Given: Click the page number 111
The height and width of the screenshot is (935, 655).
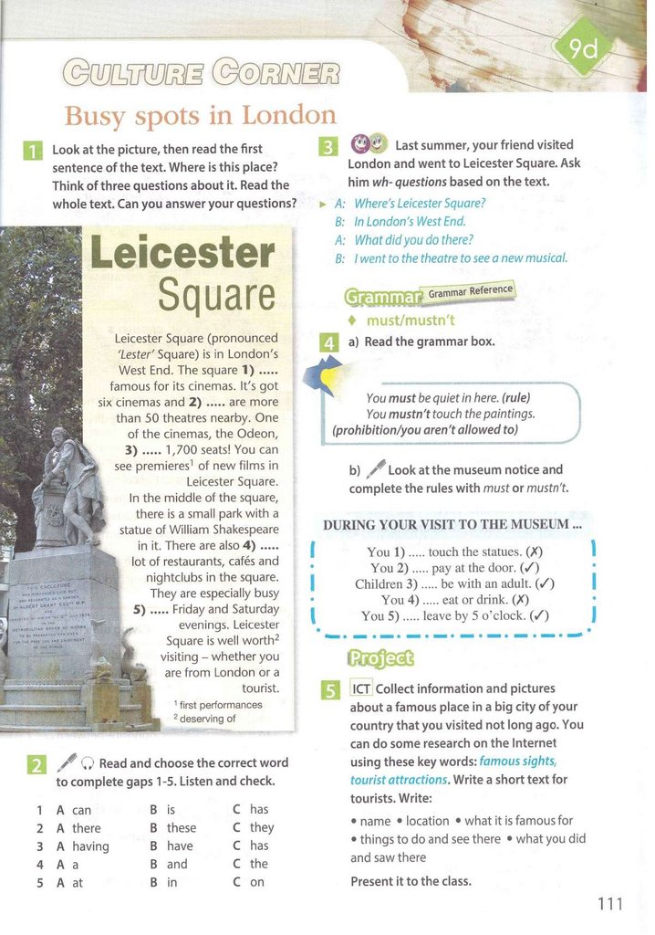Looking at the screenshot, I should click(x=610, y=904).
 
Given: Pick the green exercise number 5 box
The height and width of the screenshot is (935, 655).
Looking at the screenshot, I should click(x=331, y=689).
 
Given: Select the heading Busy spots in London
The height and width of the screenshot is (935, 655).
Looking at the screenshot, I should click(x=200, y=116).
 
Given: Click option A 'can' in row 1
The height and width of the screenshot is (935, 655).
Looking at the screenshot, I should click(x=73, y=809).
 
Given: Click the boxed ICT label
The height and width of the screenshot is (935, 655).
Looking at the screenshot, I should click(x=361, y=688).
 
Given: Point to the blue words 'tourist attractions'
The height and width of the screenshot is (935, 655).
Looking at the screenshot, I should click(x=399, y=780).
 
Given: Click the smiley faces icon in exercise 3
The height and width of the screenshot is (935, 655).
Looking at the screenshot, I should click(x=369, y=143).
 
